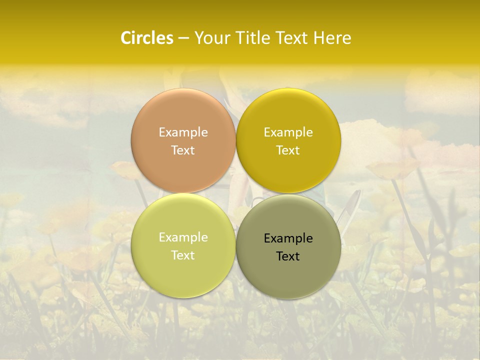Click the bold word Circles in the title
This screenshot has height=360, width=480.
[146, 38]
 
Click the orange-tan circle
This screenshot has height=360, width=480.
[183, 140]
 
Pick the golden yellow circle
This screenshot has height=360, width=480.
[288, 140]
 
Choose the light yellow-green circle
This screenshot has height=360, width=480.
[183, 245]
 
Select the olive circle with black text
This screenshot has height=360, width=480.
[288, 246]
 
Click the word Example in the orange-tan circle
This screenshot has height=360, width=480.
[183, 132]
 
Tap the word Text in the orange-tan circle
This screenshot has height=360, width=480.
[183, 150]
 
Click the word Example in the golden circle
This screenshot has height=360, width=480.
[288, 132]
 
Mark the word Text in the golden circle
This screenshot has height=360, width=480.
[288, 150]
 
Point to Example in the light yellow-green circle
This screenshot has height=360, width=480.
[183, 237]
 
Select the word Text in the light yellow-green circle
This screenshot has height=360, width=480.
[183, 255]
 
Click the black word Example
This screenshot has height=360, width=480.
[288, 238]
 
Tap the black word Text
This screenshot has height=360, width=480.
[288, 256]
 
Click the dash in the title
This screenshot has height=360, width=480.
[183, 38]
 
